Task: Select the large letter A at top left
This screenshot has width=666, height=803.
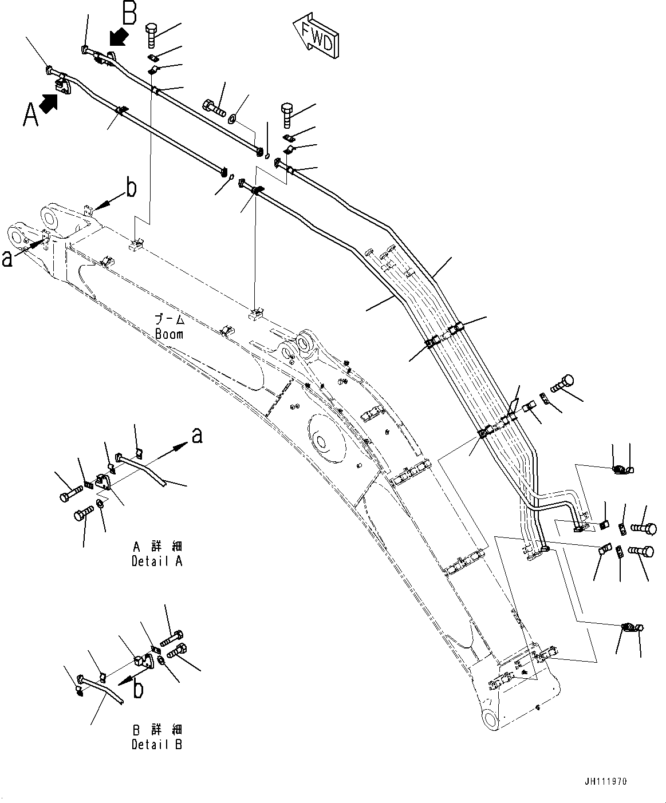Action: (31, 114)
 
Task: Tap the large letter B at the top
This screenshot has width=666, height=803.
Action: (130, 14)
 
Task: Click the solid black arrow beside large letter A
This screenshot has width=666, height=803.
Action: (49, 103)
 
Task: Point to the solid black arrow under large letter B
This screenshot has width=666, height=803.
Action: (118, 39)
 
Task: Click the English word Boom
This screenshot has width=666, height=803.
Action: (169, 334)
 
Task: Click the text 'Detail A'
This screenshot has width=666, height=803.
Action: (157, 561)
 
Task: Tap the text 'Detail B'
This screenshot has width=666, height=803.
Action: (157, 745)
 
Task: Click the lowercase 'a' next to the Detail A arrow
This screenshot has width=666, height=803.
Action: (196, 436)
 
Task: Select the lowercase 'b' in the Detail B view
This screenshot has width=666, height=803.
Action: (138, 689)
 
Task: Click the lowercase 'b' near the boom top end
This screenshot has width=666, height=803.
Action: (131, 188)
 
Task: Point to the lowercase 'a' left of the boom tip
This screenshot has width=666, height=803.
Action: (7, 259)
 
